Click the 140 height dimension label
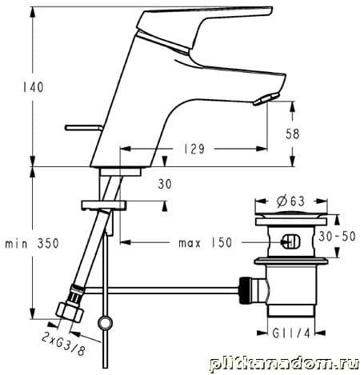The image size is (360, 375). click(33, 87)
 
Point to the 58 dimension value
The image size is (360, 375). click(293, 134)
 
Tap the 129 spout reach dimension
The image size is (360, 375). click(194, 149)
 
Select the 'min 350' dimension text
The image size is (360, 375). click(32, 243)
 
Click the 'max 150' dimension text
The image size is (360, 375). click(206, 242)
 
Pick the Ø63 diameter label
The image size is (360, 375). click(290, 201)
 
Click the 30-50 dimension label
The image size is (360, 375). click(337, 236)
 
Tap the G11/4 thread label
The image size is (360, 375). click(291, 333)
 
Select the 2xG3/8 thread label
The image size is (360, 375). click(63, 344)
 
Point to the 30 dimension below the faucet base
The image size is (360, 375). click(165, 184)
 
